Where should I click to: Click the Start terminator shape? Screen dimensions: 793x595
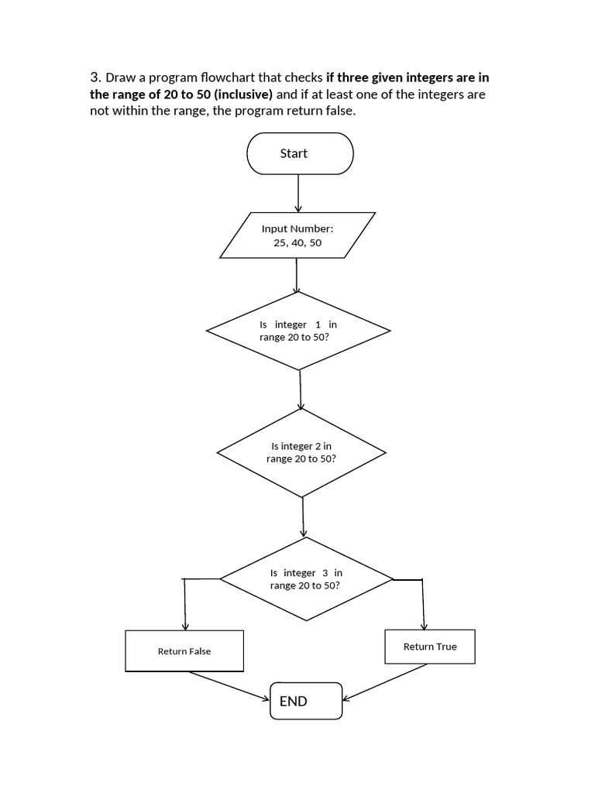point(299,153)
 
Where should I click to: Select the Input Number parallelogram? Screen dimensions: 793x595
point(297,235)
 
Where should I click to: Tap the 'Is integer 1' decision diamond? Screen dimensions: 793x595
point(298,331)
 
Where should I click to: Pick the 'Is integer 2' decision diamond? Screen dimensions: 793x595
point(301,452)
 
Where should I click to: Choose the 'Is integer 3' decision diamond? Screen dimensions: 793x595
point(306,578)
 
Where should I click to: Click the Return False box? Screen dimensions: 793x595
point(184,651)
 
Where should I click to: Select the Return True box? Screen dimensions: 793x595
point(430,647)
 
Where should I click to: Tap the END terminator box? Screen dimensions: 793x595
point(306,701)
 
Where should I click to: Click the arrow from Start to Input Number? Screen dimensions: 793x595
point(298,193)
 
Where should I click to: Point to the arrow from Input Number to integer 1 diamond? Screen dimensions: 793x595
point(297,275)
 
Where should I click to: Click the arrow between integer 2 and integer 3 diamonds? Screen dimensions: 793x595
point(303,516)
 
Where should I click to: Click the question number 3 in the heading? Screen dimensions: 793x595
point(95,77)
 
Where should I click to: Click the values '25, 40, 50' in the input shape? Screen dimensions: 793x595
point(297,242)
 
